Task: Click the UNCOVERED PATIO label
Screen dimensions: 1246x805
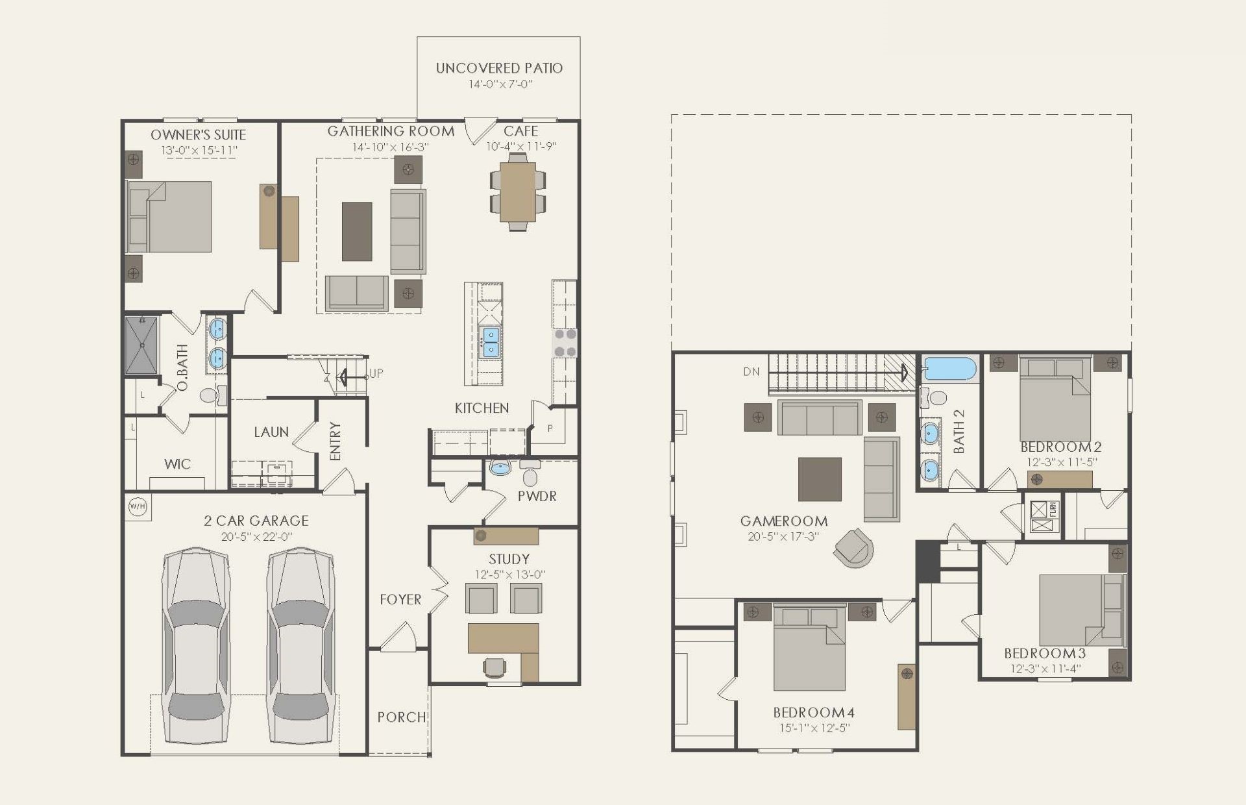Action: point(499,68)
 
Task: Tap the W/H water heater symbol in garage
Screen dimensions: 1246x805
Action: point(138,506)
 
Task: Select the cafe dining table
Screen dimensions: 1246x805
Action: point(518,192)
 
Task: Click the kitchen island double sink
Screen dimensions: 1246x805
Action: point(489,342)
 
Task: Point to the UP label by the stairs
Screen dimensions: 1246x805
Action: point(376,373)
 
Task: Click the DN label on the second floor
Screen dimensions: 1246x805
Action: point(751,372)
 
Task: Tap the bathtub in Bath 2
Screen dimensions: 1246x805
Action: point(950,369)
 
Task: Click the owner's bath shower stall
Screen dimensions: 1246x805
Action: point(141,345)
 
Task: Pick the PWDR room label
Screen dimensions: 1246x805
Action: point(537,496)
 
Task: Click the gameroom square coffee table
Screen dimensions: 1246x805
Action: point(820,479)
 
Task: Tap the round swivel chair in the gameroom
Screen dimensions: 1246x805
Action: point(854,548)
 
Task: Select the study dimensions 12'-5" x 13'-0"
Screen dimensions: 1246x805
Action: point(509,575)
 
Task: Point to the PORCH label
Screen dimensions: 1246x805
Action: point(402,717)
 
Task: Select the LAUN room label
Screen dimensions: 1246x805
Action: point(271,432)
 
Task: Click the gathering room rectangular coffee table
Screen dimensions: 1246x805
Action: point(357,231)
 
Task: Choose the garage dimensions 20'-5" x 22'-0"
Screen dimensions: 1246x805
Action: point(256,537)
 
